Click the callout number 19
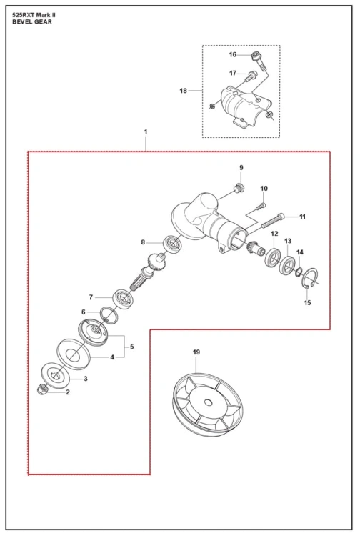click(x=196, y=352)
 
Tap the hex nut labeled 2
click(x=42, y=389)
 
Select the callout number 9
click(x=241, y=167)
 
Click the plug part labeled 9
click(x=239, y=188)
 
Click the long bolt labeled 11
click(x=273, y=221)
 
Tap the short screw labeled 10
click(x=261, y=206)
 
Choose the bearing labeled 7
click(x=123, y=299)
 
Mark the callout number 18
click(x=184, y=91)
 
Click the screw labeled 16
click(x=259, y=61)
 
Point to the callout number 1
click(x=146, y=131)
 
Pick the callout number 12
click(x=274, y=234)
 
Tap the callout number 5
click(x=132, y=347)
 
